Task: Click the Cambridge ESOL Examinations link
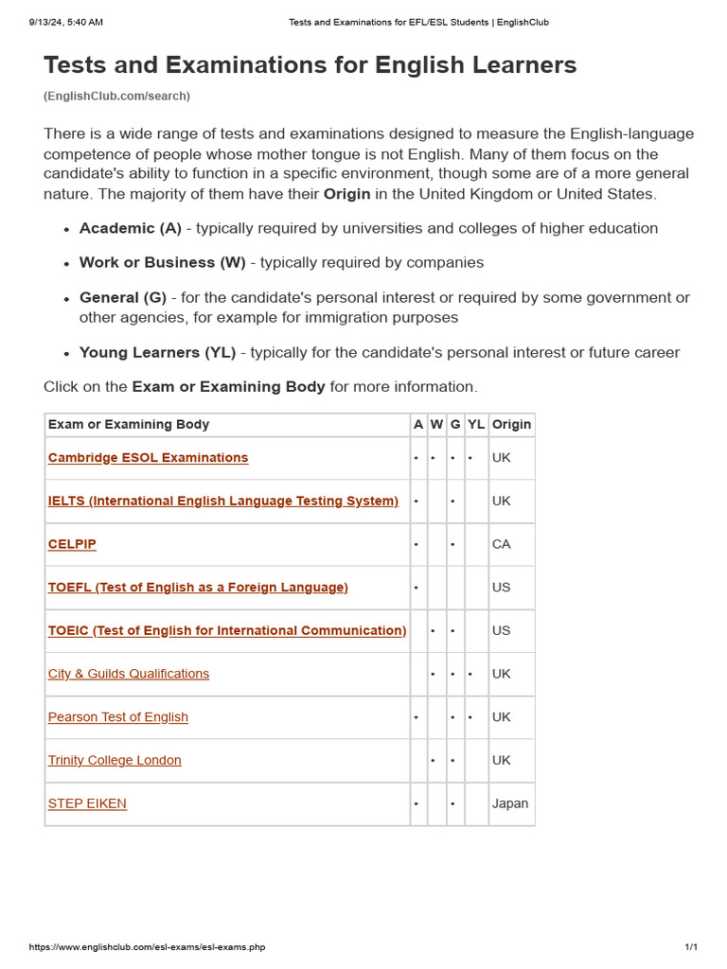tap(148, 458)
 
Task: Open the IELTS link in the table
tap(223, 501)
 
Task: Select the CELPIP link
tap(72, 544)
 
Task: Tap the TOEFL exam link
tap(198, 588)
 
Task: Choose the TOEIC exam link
tap(227, 630)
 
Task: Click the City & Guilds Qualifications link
tap(129, 674)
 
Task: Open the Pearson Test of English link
tap(118, 717)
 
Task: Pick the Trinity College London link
tap(115, 760)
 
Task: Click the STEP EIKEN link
tap(87, 803)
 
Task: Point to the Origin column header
tap(511, 425)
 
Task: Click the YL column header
tap(476, 425)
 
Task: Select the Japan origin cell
tap(510, 803)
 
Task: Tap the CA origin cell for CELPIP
tap(501, 544)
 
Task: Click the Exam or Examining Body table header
tap(129, 425)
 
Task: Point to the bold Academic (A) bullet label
tap(131, 228)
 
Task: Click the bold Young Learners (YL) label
tap(157, 353)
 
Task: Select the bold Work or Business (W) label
tap(162, 262)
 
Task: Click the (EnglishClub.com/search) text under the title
tap(116, 96)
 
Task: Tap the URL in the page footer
tap(147, 947)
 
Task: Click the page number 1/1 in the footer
tap(690, 947)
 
